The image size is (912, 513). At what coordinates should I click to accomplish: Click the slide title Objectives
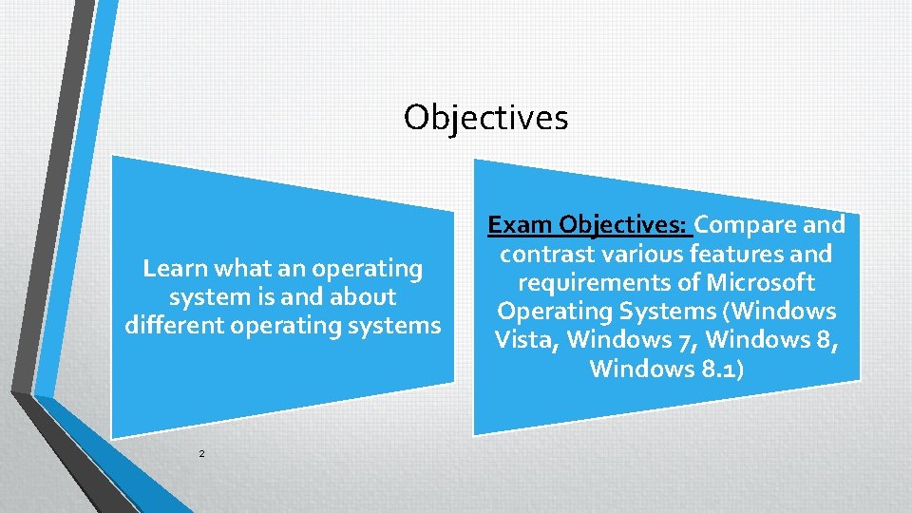(485, 118)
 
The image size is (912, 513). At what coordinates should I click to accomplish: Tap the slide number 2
(201, 454)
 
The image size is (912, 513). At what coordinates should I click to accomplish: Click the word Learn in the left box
(174, 269)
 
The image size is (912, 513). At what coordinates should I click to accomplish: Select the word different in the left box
(171, 326)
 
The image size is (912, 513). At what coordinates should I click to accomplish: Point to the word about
(365, 297)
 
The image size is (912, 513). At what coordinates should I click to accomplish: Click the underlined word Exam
(520, 225)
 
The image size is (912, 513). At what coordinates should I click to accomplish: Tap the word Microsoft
(759, 283)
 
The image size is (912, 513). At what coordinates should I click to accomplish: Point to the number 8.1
(721, 369)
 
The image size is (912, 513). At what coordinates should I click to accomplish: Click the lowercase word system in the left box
(203, 297)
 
